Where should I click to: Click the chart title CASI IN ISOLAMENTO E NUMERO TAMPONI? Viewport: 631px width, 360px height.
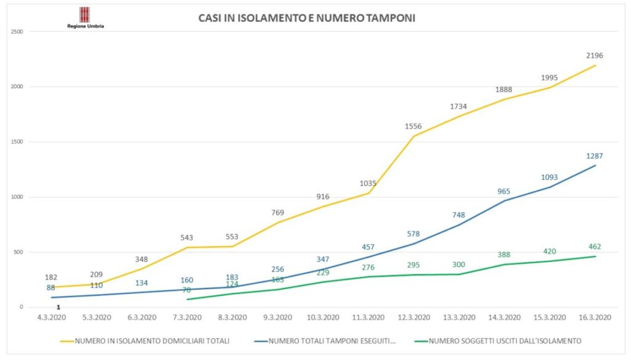(x=306, y=18)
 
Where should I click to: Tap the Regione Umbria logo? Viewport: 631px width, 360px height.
(x=85, y=17)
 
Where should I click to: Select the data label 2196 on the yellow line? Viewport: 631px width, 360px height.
(x=594, y=55)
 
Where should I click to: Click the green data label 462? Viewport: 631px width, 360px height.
(x=594, y=247)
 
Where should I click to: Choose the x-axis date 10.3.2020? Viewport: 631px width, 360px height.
(x=323, y=317)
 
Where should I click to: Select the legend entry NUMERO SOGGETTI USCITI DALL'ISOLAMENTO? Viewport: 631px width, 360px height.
(x=504, y=340)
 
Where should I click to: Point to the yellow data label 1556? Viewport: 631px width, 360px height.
(x=413, y=126)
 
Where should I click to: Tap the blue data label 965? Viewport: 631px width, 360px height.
(x=503, y=192)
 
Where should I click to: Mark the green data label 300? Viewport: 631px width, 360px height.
(x=458, y=264)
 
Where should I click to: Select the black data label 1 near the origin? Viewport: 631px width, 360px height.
(x=58, y=307)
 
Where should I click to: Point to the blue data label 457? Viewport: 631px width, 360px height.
(x=368, y=247)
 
